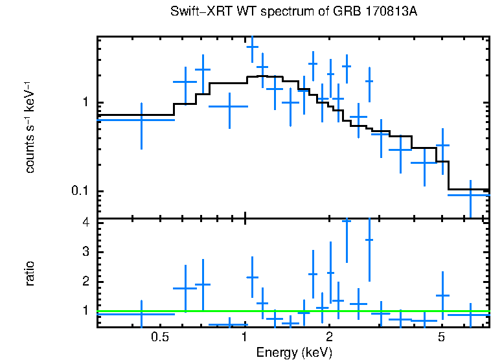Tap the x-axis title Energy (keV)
click(x=294, y=352)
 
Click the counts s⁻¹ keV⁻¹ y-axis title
click(x=30, y=128)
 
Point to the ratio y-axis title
click(x=30, y=273)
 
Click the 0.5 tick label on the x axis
click(x=159, y=337)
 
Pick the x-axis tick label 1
click(x=245, y=337)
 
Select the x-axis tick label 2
click(x=329, y=337)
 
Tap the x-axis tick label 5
click(x=441, y=337)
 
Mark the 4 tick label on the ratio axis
click(x=85, y=222)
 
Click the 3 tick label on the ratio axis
click(x=85, y=251)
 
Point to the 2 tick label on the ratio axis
click(x=85, y=282)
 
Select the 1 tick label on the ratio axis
click(x=85, y=311)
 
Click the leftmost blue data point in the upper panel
click(x=141, y=120)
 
